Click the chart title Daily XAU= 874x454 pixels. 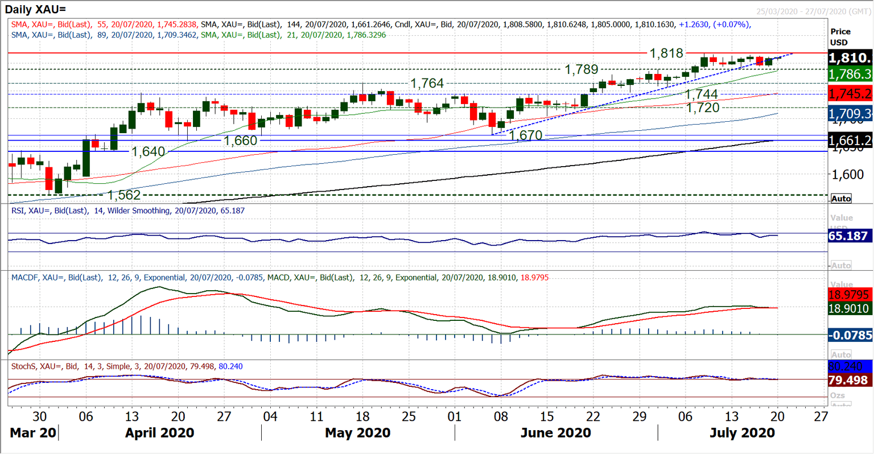36,9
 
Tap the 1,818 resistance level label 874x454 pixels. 666,53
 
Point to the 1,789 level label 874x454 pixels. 581,69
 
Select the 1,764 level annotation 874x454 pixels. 427,83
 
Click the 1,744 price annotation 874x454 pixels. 701,94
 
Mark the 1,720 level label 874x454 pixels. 703,108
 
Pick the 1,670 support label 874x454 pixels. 525,135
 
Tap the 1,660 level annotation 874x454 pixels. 240,141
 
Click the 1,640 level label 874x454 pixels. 148,152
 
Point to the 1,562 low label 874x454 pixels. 123,195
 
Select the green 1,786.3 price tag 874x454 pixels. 850,74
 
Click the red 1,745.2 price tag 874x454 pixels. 850,94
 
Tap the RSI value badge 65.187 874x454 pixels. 850,236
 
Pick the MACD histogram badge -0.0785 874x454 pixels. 850,336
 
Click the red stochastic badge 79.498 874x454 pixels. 850,380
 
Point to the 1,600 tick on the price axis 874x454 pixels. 847,175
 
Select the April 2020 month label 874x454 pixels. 159,433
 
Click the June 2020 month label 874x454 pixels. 555,433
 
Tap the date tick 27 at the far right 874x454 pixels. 821,416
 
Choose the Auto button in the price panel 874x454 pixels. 841,199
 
